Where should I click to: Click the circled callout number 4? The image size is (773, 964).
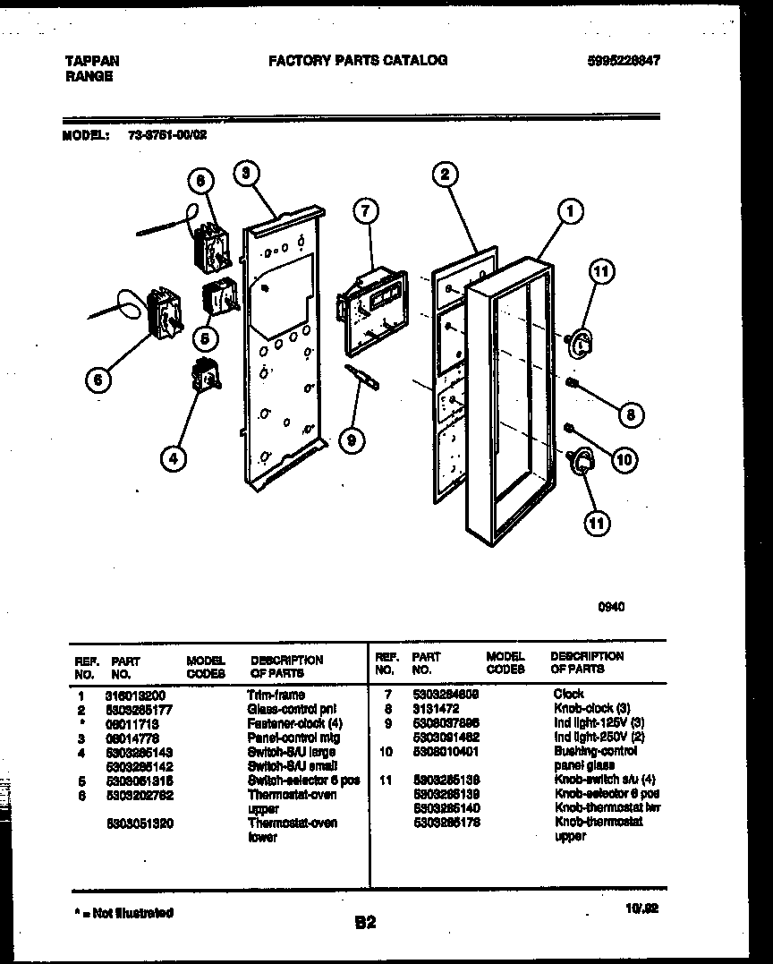click(174, 459)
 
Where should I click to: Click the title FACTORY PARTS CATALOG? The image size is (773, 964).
click(358, 60)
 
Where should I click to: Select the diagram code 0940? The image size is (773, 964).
click(611, 606)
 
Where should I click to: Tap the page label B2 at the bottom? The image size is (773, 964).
click(365, 923)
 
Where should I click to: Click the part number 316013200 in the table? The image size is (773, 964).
click(134, 695)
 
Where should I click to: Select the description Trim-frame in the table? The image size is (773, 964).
click(276, 695)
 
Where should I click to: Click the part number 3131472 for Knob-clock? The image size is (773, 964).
click(436, 707)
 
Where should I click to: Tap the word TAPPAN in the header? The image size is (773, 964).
click(92, 61)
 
